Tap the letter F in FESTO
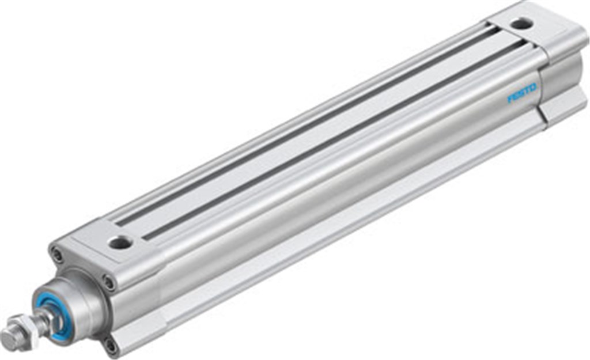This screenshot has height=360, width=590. click(510, 100)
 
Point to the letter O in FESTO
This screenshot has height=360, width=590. click(534, 88)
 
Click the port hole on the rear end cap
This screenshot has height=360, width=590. click(522, 24)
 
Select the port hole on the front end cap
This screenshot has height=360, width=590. click(120, 243)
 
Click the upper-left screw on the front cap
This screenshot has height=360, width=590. click(57, 254)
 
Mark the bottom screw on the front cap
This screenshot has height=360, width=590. click(109, 345)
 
